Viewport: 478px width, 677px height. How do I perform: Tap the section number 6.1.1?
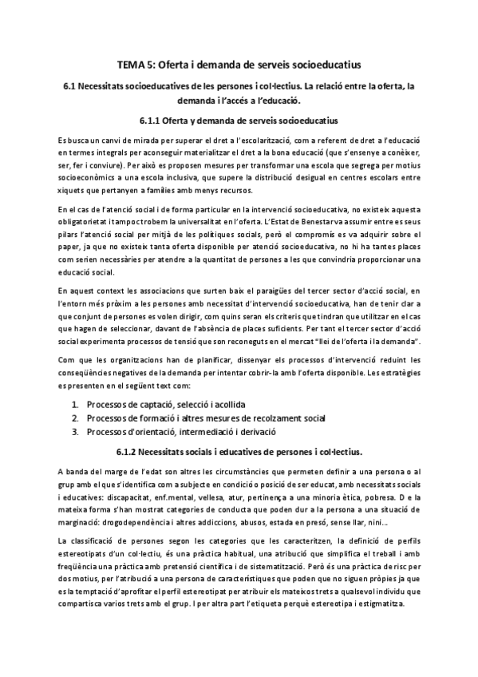pyautogui.click(x=152, y=121)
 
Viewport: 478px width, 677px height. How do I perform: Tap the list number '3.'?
pyautogui.click(x=74, y=432)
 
